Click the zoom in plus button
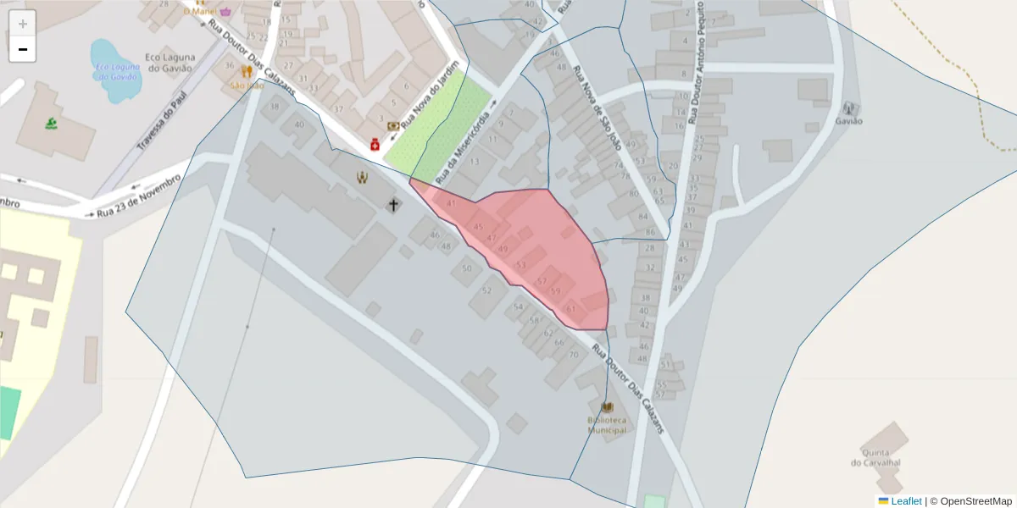(x=23, y=24)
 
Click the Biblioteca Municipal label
(x=607, y=425)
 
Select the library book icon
(x=607, y=407)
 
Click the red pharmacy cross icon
(x=375, y=146)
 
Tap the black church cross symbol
(x=393, y=204)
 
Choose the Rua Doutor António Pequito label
(x=697, y=63)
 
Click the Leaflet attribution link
(x=905, y=501)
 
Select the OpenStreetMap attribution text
(x=975, y=501)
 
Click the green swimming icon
(x=51, y=124)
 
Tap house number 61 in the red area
(x=571, y=309)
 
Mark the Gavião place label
(x=848, y=121)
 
